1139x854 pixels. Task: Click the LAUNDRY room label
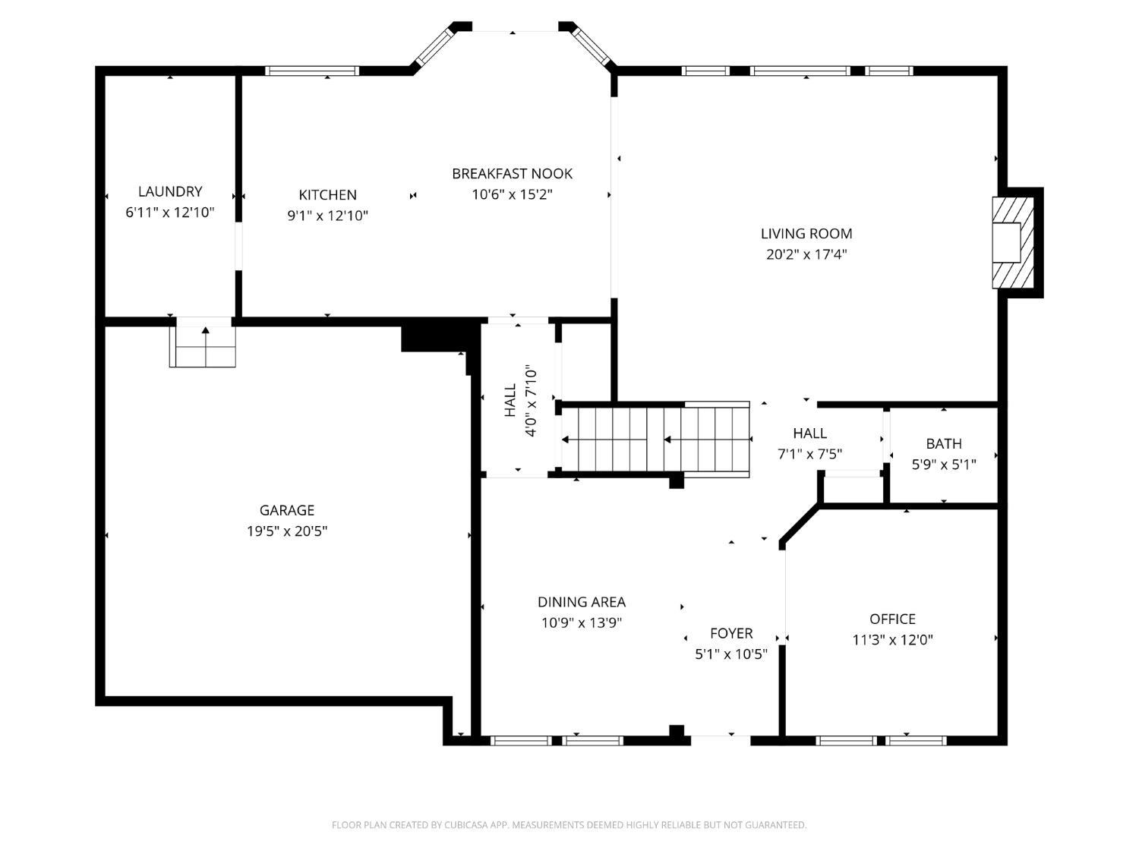[169, 192]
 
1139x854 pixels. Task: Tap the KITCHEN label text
[327, 195]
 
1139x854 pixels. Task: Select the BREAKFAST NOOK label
[512, 174]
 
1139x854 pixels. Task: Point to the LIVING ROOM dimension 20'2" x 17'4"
[806, 254]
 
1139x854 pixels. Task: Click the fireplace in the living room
[1012, 242]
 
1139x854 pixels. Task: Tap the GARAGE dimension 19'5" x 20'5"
[286, 531]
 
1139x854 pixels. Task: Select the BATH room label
[943, 444]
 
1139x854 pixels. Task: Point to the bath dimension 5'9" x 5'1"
[943, 465]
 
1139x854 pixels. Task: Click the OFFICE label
[892, 619]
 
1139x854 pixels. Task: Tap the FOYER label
[731, 634]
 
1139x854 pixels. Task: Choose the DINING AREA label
[582, 602]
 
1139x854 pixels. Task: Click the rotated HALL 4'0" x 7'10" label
[521, 401]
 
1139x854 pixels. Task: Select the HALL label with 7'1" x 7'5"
[809, 433]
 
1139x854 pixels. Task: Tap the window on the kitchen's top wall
[311, 71]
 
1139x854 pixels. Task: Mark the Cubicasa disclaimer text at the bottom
[569, 825]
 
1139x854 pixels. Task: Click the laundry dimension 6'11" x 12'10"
[169, 213]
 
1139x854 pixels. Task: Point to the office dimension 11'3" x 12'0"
[892, 640]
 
